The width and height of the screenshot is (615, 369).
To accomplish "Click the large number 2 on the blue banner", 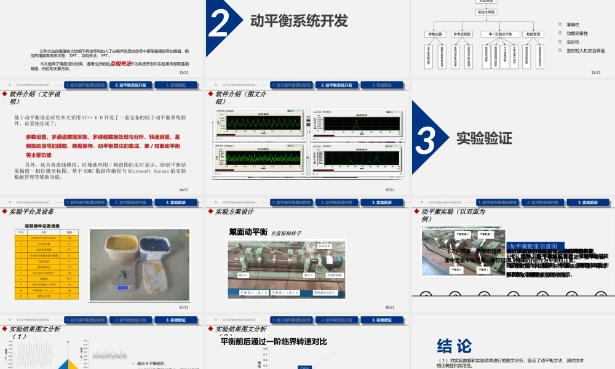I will click(x=220, y=23).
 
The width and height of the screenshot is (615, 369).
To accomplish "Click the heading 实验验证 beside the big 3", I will click(x=484, y=138).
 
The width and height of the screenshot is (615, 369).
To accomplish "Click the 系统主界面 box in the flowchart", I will click(x=486, y=12).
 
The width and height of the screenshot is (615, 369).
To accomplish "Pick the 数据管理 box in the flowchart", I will click(x=533, y=34).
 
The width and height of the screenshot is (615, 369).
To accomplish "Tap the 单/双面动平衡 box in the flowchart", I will click(x=500, y=34).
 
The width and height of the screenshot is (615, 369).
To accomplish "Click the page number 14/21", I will click(x=183, y=189).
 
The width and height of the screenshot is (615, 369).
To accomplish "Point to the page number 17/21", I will click(x=183, y=306).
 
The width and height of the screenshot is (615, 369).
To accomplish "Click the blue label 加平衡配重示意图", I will click(x=532, y=246).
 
